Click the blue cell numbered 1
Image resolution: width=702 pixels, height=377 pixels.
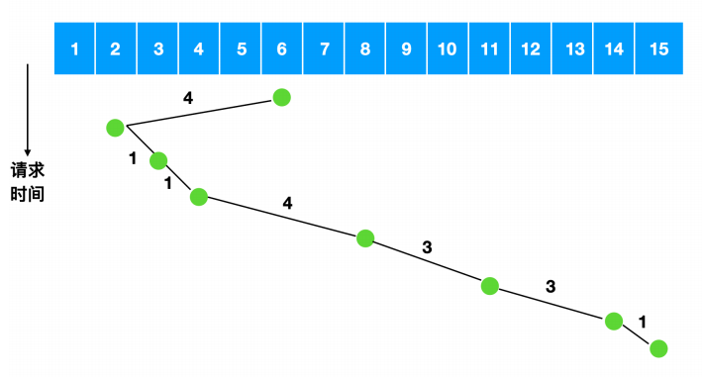tap(74, 48)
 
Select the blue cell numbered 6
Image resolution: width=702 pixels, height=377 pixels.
tap(281, 48)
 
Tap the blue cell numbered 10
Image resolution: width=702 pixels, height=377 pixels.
tap(448, 48)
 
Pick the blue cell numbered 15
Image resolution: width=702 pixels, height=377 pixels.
tap(659, 48)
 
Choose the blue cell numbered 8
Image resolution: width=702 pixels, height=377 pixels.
tap(365, 48)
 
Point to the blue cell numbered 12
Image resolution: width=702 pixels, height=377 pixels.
tap(531, 48)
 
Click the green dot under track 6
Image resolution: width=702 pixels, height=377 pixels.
tap(281, 97)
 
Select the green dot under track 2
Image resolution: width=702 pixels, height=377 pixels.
tap(115, 128)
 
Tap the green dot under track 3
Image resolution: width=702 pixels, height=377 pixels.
tap(158, 160)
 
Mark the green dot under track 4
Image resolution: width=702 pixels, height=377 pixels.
tap(199, 197)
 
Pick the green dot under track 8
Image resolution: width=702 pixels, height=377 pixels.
tap(365, 238)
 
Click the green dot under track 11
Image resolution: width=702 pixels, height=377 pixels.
tap(490, 286)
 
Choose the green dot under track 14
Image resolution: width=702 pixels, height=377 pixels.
tap(614, 322)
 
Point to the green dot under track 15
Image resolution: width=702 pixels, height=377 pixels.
tap(658, 349)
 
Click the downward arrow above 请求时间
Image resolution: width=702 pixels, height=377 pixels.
tap(28, 110)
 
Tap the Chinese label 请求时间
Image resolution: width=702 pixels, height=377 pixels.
tap(28, 182)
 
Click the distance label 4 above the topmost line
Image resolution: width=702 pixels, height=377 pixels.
tap(188, 98)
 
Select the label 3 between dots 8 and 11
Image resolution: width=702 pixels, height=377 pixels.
tap(427, 246)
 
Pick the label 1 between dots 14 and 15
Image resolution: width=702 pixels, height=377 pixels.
tap(643, 322)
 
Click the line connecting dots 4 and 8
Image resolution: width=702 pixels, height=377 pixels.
tap(282, 218)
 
